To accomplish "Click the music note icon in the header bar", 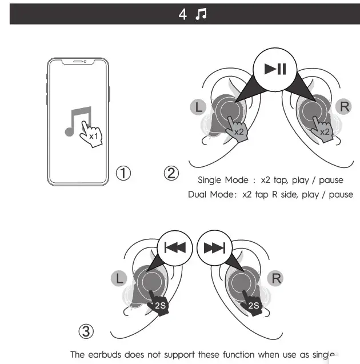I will [x=201, y=14].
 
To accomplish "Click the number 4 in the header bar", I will [x=182, y=15].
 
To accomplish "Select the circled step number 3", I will [x=85, y=331].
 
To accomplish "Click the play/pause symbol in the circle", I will [x=275, y=70].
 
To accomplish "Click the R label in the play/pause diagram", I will [x=345, y=106].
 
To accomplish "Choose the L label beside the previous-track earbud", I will [x=119, y=279].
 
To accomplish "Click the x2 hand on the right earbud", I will [x=322, y=128].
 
